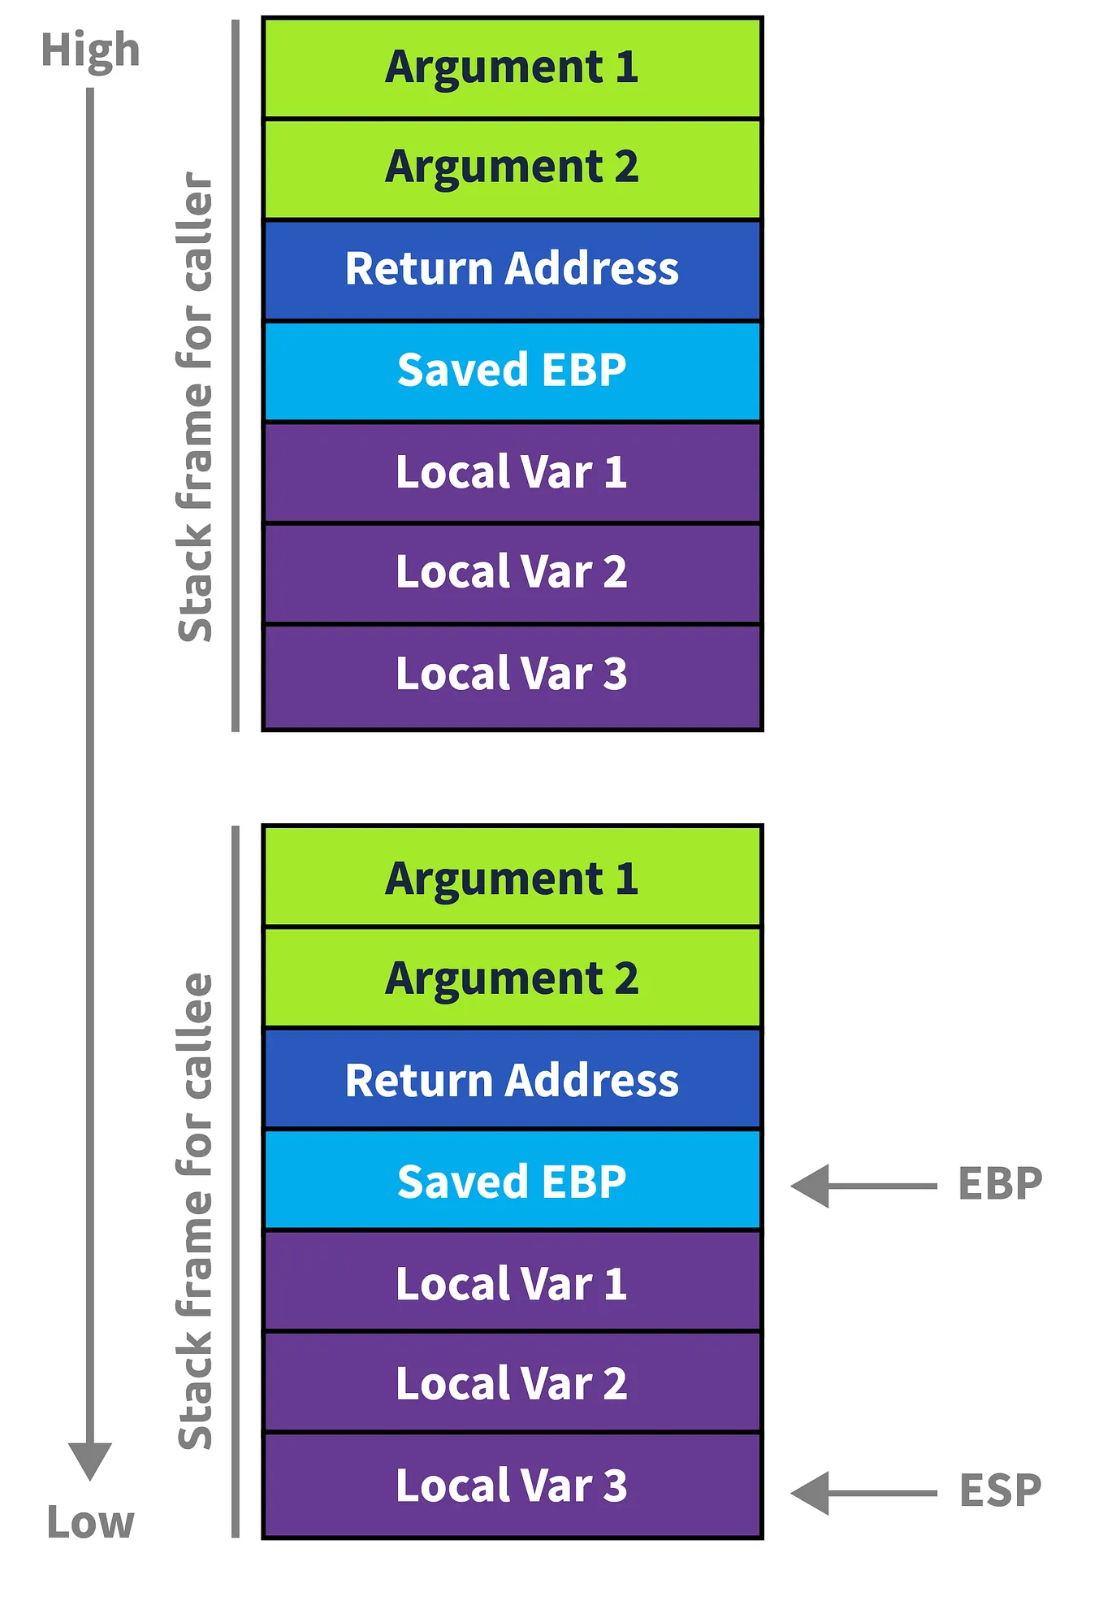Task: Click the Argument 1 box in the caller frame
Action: pyautogui.click(x=512, y=67)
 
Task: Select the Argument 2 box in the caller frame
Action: pyautogui.click(x=512, y=168)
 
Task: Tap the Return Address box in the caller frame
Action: pyautogui.click(x=512, y=269)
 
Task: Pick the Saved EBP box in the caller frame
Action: pyautogui.click(x=512, y=371)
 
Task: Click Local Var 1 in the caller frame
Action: pyautogui.click(x=512, y=472)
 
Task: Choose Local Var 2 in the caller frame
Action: pyautogui.click(x=512, y=573)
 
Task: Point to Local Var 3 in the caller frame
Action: pyautogui.click(x=512, y=675)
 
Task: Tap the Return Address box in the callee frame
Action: pyautogui.click(x=512, y=1080)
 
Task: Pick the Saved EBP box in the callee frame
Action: pyautogui.click(x=512, y=1182)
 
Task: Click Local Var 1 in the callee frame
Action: pyautogui.click(x=512, y=1283)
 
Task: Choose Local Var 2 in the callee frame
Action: pyautogui.click(x=512, y=1384)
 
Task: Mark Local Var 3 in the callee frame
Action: pyautogui.click(x=512, y=1486)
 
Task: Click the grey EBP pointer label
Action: pyautogui.click(x=1000, y=1184)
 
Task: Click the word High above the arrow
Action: pyautogui.click(x=90, y=50)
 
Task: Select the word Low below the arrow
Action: pyautogui.click(x=90, y=1523)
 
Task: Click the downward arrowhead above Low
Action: pyautogui.click(x=90, y=1459)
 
